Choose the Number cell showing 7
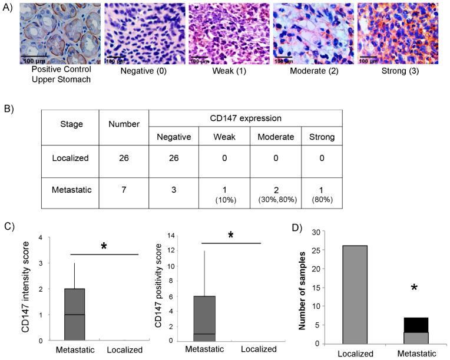pos(125,190)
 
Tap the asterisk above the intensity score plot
pos(104,245)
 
